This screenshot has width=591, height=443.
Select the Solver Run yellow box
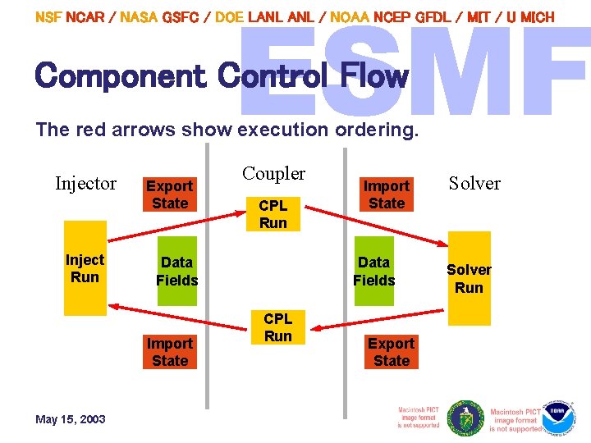(469, 279)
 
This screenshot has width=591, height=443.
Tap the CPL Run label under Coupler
(273, 214)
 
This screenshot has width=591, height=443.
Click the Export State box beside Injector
(170, 195)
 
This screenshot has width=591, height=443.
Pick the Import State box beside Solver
(387, 195)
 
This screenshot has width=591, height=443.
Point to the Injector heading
(85, 184)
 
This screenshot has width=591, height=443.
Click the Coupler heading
(273, 174)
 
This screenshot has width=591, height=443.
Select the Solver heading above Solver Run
(474, 184)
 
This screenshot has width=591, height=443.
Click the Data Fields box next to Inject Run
(176, 271)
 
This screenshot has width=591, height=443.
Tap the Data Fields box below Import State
(374, 271)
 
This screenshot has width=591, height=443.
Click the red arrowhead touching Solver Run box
(446, 244)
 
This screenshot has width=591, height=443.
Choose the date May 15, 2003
(71, 419)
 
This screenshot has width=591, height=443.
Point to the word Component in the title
(121, 76)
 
